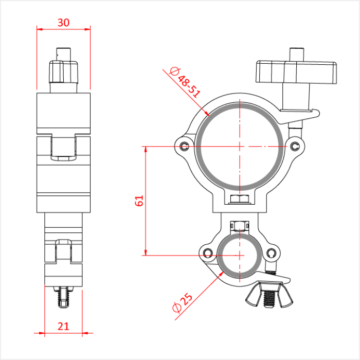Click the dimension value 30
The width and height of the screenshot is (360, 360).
coord(63,22)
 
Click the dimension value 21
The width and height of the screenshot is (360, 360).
coord(63,325)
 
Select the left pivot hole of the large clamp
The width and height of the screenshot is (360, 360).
coord(184,146)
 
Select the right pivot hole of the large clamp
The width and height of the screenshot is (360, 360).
coord(295,147)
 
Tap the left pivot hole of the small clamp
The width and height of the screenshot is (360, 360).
coord(207,253)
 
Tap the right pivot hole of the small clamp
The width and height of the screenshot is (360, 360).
coord(272,253)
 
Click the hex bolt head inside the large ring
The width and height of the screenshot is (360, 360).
coord(240,200)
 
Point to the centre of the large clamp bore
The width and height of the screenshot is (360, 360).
coord(240,147)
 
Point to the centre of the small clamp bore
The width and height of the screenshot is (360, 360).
coord(240,254)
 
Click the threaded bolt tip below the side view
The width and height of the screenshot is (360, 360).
coord(63,299)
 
